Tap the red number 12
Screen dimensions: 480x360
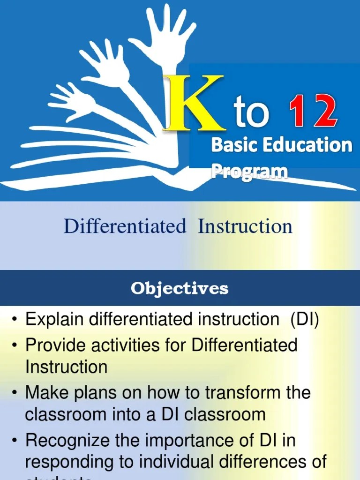[x=312, y=112]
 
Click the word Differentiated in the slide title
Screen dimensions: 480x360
[x=125, y=226]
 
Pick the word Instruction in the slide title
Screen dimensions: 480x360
[x=245, y=226]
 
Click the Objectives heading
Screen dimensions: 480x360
[x=180, y=288]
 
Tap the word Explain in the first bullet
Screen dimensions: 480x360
[x=54, y=320]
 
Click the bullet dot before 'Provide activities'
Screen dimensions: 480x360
[x=15, y=346]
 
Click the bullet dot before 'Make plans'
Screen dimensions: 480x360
[x=15, y=393]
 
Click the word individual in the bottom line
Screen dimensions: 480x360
[x=168, y=462]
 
